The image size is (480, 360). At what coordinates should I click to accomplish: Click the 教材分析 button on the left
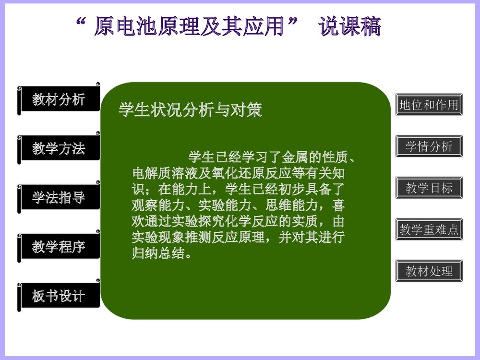(x=59, y=99)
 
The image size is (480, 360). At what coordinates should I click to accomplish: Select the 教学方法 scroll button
(x=59, y=148)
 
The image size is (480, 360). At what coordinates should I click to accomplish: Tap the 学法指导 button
(x=59, y=197)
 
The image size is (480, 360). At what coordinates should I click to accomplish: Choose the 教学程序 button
(x=59, y=247)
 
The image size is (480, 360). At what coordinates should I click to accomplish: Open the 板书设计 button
(x=59, y=296)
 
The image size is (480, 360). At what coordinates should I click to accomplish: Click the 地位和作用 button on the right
(x=429, y=105)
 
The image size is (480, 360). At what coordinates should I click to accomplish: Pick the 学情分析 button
(x=429, y=146)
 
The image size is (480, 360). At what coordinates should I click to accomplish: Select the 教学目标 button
(x=429, y=188)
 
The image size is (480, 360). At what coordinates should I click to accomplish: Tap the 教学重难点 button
(x=429, y=229)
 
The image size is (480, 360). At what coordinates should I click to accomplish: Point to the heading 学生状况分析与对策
(x=190, y=110)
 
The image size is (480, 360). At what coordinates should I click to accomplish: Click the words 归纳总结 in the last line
(x=158, y=254)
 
